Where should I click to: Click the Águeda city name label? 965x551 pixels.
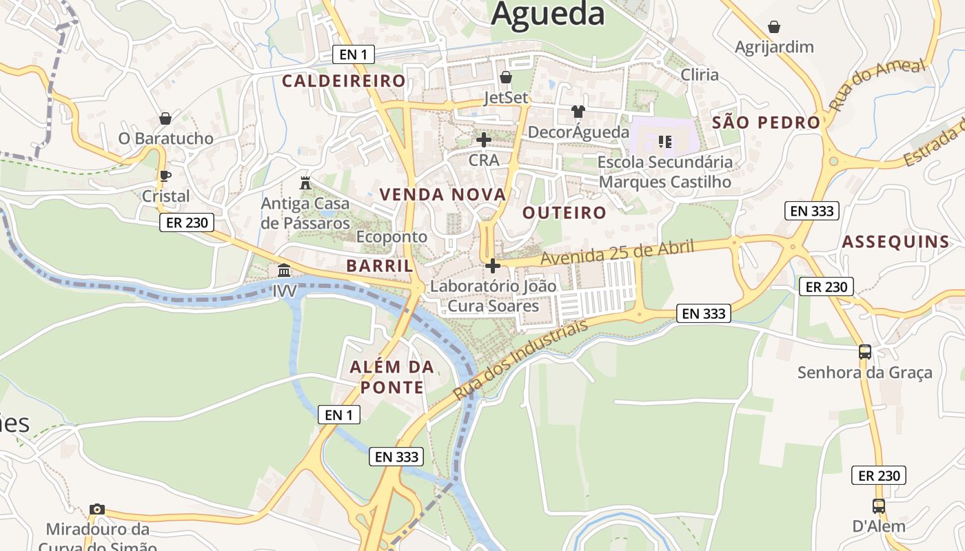coord(548,14)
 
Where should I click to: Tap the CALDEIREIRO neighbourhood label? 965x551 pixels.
coord(344,81)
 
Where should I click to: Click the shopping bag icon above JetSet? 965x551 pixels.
coord(506,77)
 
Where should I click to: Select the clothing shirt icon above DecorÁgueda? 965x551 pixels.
coord(578,112)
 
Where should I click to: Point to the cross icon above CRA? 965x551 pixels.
coord(484,140)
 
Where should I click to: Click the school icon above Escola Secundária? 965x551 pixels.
coord(665,142)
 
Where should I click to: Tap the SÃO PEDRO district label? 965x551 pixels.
coord(766,123)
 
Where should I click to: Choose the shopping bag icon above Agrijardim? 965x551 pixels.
coord(774,27)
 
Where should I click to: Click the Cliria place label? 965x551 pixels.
coord(700,74)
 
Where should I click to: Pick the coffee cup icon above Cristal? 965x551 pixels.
coord(165,176)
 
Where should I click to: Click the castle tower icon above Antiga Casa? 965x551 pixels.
coord(305,183)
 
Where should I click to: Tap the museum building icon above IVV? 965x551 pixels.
coord(284,270)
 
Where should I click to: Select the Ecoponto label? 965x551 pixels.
coord(392,236)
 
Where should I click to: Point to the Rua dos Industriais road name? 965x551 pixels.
coord(521,360)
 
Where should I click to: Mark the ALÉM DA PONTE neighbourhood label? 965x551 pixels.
coord(392,377)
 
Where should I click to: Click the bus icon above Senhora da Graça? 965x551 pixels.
coord(865,352)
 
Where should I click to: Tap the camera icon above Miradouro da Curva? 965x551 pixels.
coord(97,509)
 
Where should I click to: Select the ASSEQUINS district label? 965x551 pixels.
coord(895,242)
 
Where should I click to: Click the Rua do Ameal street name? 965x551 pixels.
coord(877,85)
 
